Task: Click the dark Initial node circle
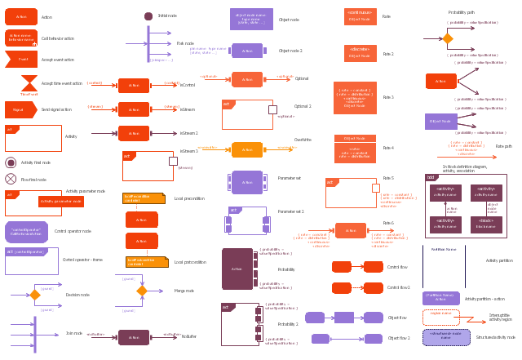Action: click(x=148, y=16)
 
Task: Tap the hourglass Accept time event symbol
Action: click(x=29, y=82)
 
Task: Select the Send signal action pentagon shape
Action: click(x=20, y=109)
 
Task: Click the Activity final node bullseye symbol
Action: click(x=11, y=162)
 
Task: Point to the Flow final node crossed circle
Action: click(x=11, y=179)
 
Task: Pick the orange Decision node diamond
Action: click(x=35, y=295)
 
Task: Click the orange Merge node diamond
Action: click(x=142, y=291)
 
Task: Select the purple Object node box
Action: click(x=251, y=19)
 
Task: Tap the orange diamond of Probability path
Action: click(x=447, y=38)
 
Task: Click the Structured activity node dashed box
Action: click(x=446, y=337)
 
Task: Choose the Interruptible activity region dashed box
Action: click(x=440, y=317)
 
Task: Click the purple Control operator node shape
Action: click(x=26, y=232)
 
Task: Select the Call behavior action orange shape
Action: click(x=21, y=38)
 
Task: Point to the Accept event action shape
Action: click(x=20, y=59)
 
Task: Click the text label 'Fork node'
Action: click(x=185, y=43)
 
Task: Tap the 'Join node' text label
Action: click(x=74, y=333)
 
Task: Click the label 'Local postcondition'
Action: click(x=190, y=262)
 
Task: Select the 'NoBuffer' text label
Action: click(x=189, y=336)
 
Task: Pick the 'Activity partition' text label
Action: click(x=499, y=260)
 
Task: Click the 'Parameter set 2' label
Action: click(x=290, y=211)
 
